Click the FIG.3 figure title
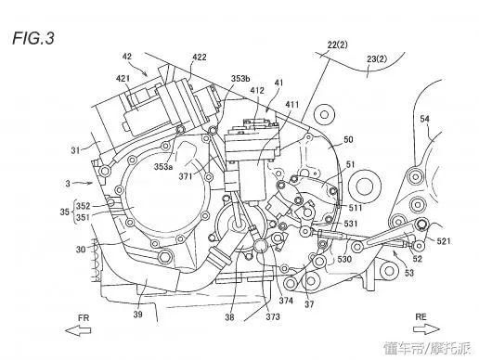33,38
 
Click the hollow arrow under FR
78,330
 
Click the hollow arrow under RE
426,329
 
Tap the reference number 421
123,79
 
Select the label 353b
240,79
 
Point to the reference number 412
257,90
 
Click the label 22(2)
338,45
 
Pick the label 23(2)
377,58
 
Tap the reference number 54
424,119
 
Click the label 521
444,241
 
